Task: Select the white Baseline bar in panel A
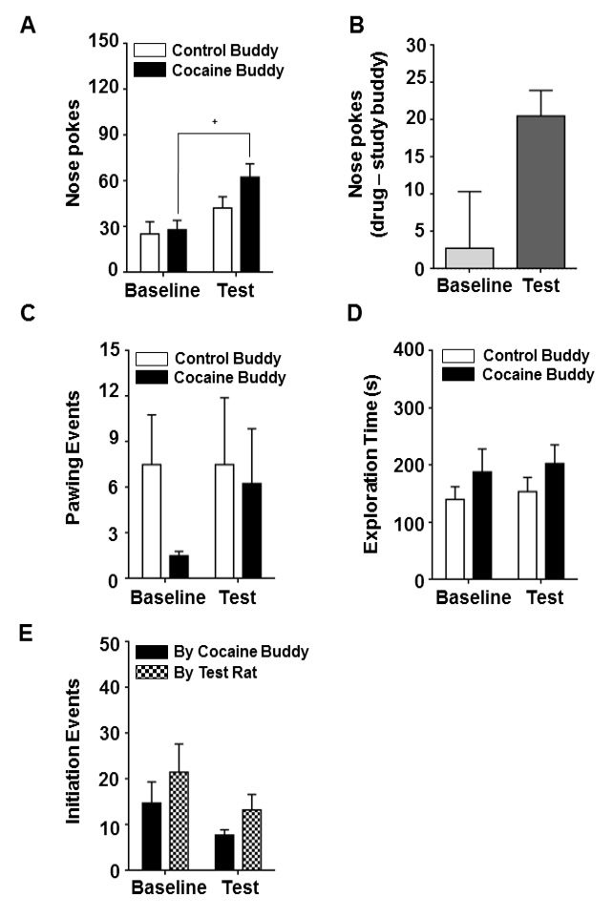[x=150, y=253]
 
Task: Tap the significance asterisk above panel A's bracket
[x=215, y=122]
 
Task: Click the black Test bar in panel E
[x=224, y=852]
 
